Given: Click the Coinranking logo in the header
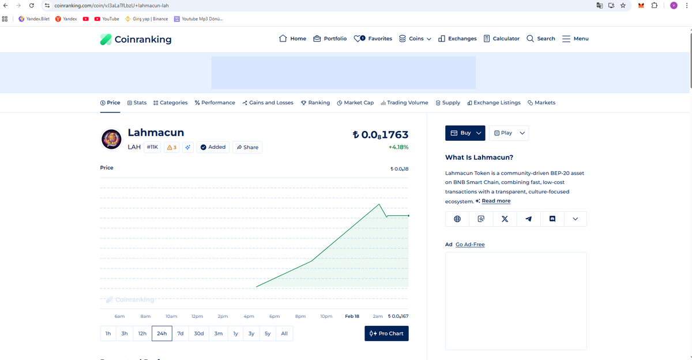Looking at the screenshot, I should [x=136, y=39].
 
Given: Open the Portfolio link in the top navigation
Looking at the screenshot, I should [x=330, y=39].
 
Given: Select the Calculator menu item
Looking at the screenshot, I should [x=501, y=39].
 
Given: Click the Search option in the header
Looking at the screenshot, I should [x=541, y=39].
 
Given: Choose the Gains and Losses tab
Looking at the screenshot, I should [x=268, y=103].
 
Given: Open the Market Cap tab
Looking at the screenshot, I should [x=355, y=103].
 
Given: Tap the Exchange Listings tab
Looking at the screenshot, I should [x=494, y=103].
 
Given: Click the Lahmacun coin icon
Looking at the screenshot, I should [x=112, y=139].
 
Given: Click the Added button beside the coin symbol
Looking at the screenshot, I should [x=213, y=147].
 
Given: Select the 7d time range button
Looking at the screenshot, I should [x=180, y=333].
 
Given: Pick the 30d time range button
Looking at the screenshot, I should [x=199, y=333].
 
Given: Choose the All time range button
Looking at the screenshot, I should [x=284, y=333].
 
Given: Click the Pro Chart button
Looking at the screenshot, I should [x=386, y=333].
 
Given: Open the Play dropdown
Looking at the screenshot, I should [x=509, y=133].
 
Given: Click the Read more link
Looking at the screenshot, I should [x=496, y=201].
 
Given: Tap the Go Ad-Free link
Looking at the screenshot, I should [x=470, y=245].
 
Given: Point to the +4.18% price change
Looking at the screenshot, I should [x=398, y=147].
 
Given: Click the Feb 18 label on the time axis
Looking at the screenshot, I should [x=352, y=316].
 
